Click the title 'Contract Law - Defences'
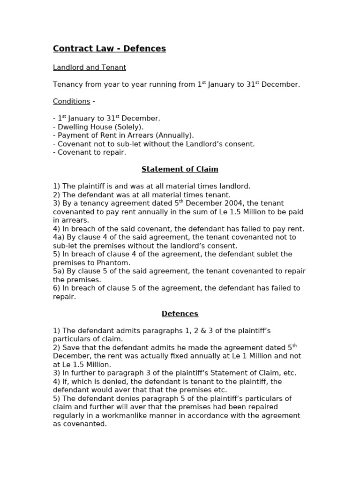click(109, 49)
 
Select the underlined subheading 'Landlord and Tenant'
click(89, 67)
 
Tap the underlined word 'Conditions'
click(71, 101)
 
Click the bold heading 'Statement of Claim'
click(180, 169)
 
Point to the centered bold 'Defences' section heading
click(180, 314)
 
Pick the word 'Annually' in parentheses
click(175, 135)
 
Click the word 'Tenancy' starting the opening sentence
click(67, 85)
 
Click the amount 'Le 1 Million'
click(250, 356)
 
